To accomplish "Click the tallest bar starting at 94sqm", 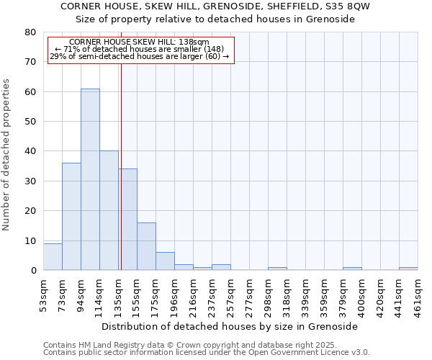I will point(90,179).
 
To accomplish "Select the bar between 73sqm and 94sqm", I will point(71,216).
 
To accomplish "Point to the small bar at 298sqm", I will point(277,269).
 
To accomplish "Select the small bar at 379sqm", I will point(352,269).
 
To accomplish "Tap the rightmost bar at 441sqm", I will point(408,269).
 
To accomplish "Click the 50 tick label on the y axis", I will point(30,122).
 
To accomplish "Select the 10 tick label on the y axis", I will point(30,240).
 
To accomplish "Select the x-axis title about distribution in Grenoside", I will point(230,326).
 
